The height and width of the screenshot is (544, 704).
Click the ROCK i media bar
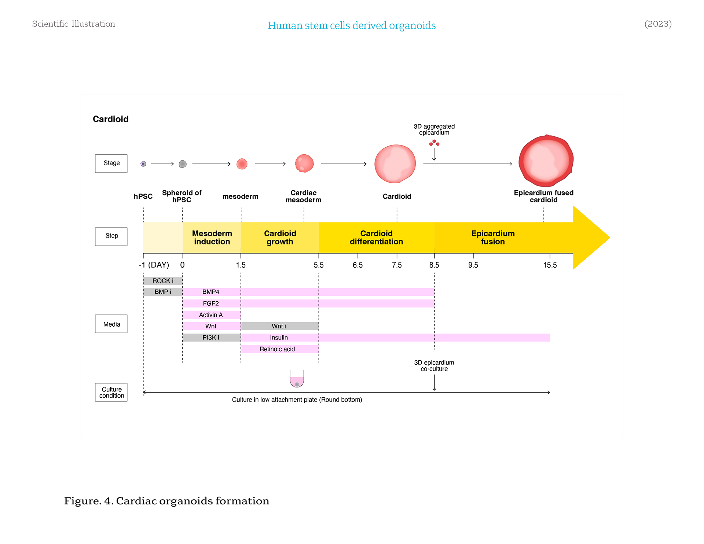163,281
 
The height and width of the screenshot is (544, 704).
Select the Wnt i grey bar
279,326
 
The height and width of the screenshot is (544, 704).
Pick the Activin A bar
211,315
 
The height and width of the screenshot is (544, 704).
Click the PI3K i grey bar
211,338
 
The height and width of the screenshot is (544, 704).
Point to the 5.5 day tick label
319,265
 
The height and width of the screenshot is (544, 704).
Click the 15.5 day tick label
550,265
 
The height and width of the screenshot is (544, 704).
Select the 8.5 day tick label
434,265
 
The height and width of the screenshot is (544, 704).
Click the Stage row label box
111,163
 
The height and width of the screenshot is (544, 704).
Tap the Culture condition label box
111,392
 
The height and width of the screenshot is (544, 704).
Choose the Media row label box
111,324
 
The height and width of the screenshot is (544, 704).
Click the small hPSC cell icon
143,164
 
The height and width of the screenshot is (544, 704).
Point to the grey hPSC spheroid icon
183,164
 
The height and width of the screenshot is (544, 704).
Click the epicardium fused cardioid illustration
546,161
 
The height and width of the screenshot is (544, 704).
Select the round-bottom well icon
297,379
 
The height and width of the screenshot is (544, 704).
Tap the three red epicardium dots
434,143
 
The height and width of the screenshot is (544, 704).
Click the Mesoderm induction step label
212,238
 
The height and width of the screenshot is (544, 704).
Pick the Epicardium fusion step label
493,238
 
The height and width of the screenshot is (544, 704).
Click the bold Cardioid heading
111,119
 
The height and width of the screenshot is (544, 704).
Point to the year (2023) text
658,24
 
